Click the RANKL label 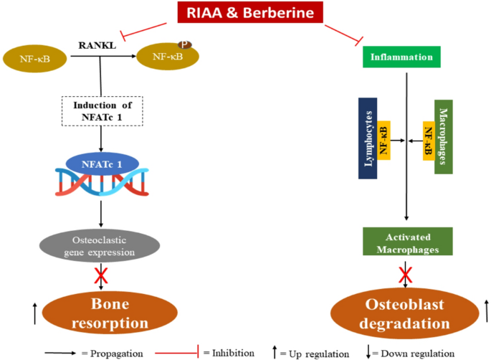(97, 47)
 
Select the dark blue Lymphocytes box (368, 138)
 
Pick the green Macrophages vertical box (443, 136)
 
